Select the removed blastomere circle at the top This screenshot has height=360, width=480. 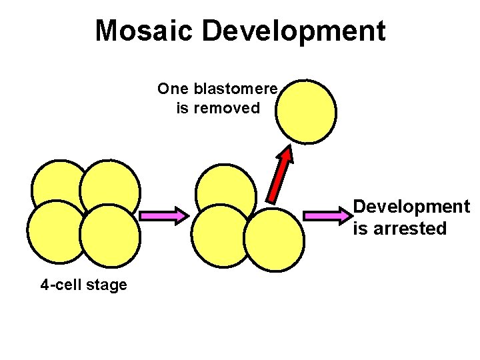point(307,111)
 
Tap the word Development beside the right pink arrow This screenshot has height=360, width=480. point(411,207)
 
